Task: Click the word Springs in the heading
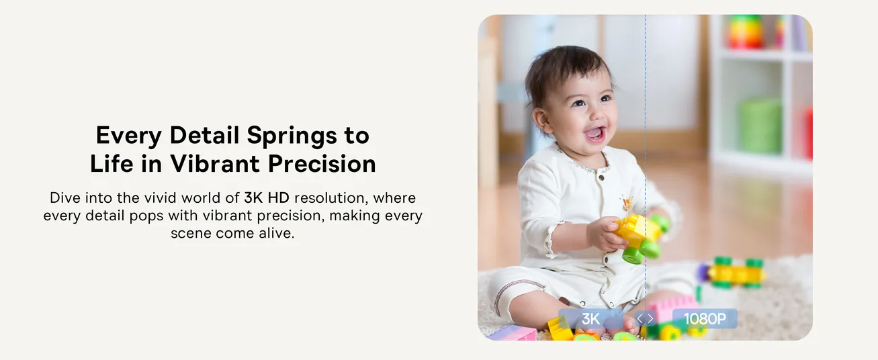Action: (x=292, y=136)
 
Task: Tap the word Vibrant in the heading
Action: (x=215, y=163)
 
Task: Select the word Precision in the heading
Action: (x=322, y=163)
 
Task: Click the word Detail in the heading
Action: (x=204, y=135)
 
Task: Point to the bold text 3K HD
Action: (x=267, y=198)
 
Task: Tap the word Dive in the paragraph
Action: (x=65, y=198)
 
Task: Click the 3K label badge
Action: (x=590, y=318)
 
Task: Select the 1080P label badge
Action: (x=705, y=318)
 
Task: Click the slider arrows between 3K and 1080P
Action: (x=645, y=318)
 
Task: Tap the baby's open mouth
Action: (x=595, y=134)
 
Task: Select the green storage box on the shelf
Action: (x=760, y=126)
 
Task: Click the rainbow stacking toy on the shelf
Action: (x=745, y=32)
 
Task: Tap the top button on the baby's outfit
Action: (x=601, y=178)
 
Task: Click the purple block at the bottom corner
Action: (x=511, y=333)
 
